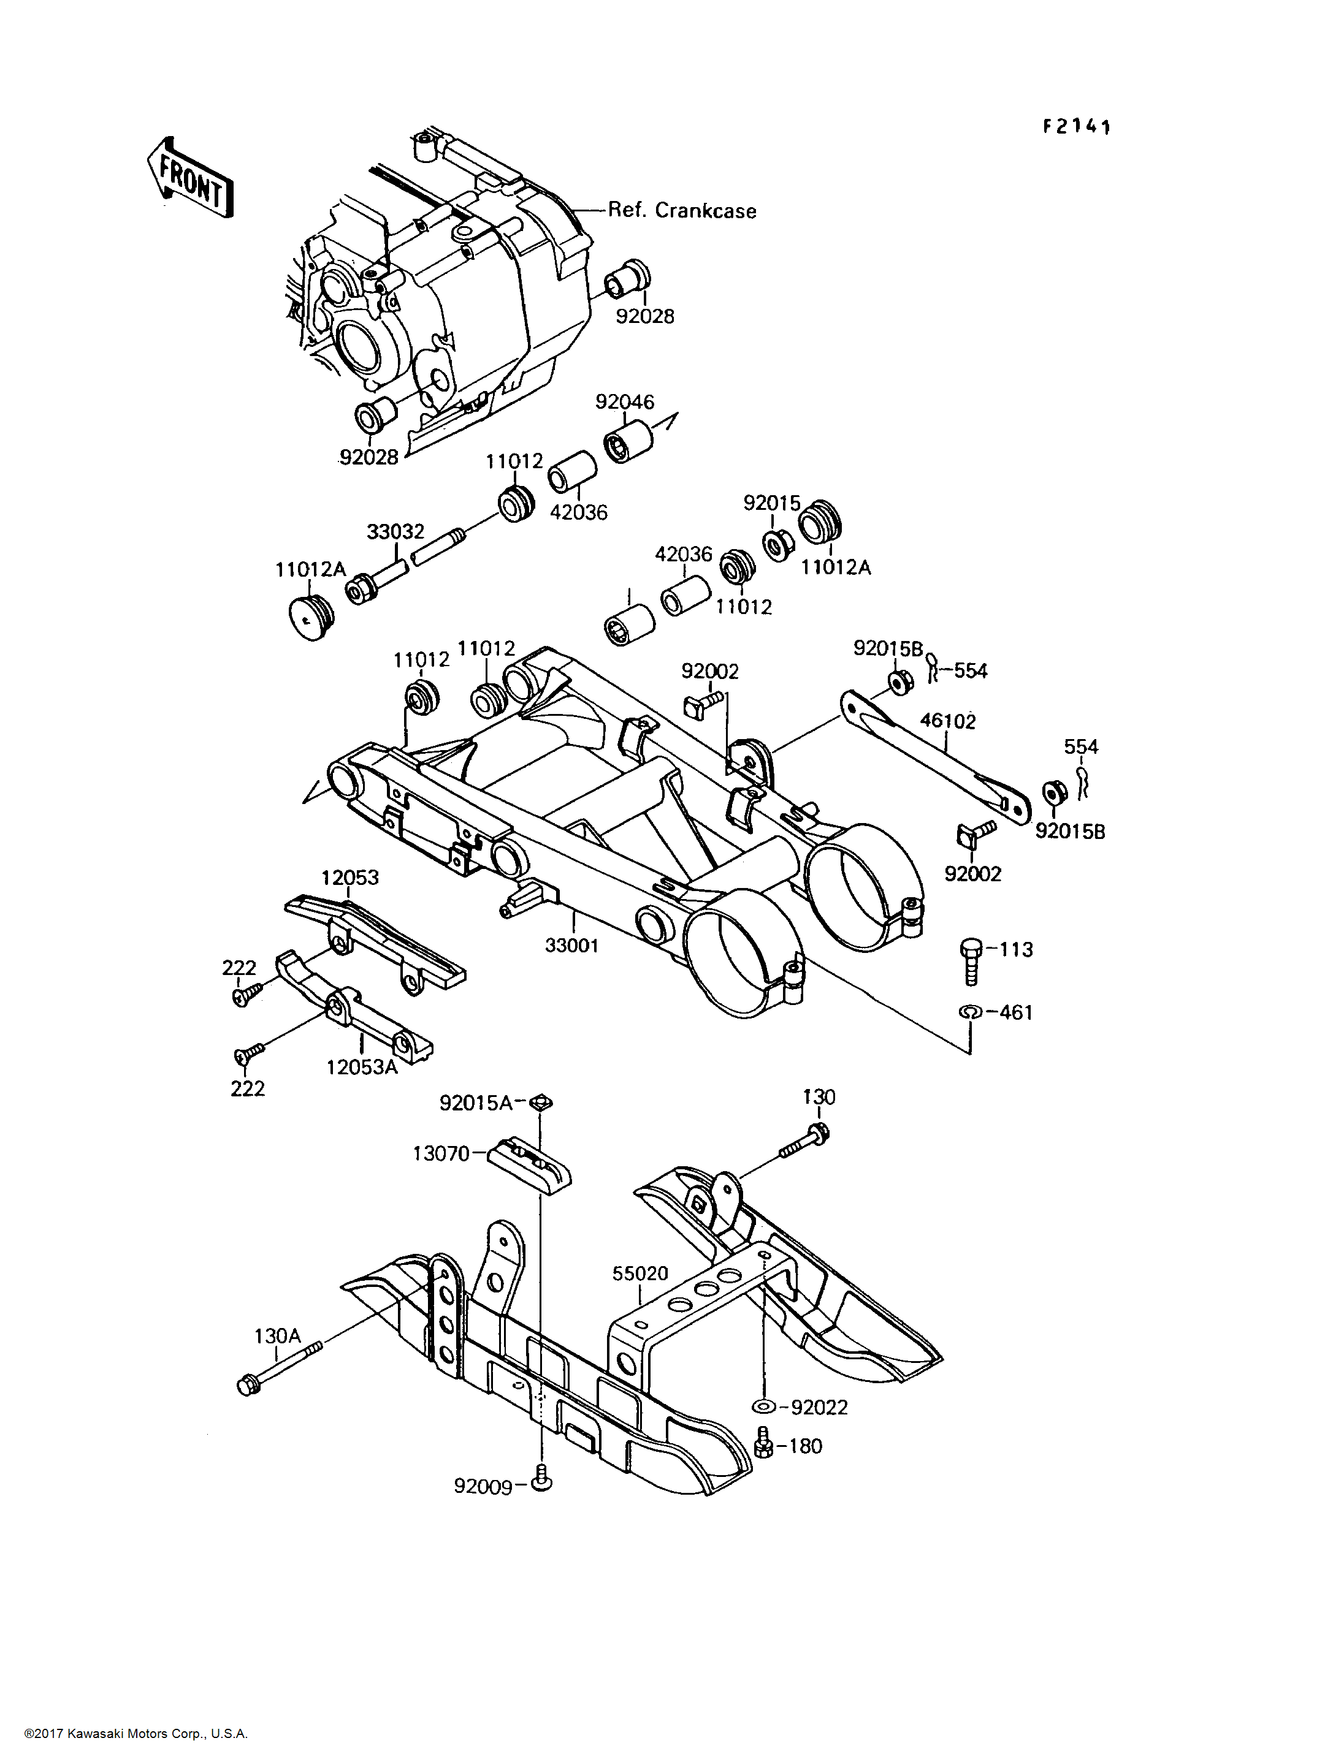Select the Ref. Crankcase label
pos(682,210)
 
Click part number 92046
pos(625,401)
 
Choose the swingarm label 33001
pos(571,945)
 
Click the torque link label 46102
pos(948,721)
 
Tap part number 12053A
pos(362,1067)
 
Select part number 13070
pos(441,1153)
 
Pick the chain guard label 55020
pos(640,1272)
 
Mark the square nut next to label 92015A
pos(541,1103)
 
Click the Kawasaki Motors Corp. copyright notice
pos(136,1734)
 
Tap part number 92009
pos(483,1486)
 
